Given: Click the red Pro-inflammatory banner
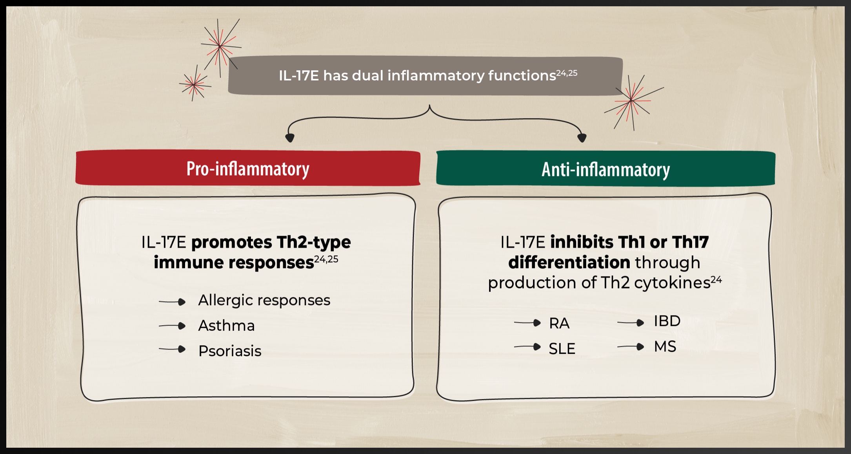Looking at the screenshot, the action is click(x=248, y=168).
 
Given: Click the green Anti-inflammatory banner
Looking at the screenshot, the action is click(x=606, y=168).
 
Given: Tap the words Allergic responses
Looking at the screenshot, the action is click(x=264, y=300).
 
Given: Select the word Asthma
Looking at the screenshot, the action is click(x=227, y=326).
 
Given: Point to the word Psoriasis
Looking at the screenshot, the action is click(x=230, y=351).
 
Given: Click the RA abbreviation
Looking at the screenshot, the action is click(x=559, y=323).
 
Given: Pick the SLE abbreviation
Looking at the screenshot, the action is click(x=562, y=348).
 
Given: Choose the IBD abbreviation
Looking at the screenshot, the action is click(x=667, y=321).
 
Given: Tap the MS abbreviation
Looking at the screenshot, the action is click(x=665, y=346).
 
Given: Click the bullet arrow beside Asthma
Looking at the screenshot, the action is click(x=172, y=326).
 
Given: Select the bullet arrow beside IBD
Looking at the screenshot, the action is click(x=631, y=323).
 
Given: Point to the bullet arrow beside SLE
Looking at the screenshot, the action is click(x=527, y=347).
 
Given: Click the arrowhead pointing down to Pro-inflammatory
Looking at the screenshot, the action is click(x=290, y=138).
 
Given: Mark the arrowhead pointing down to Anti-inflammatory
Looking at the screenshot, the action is click(x=582, y=138).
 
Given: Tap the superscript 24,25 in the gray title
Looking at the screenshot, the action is click(x=567, y=73).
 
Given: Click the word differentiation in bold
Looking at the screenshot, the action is click(x=569, y=262).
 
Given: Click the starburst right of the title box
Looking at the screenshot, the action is click(x=632, y=101).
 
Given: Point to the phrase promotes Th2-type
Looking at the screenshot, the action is click(x=271, y=242).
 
